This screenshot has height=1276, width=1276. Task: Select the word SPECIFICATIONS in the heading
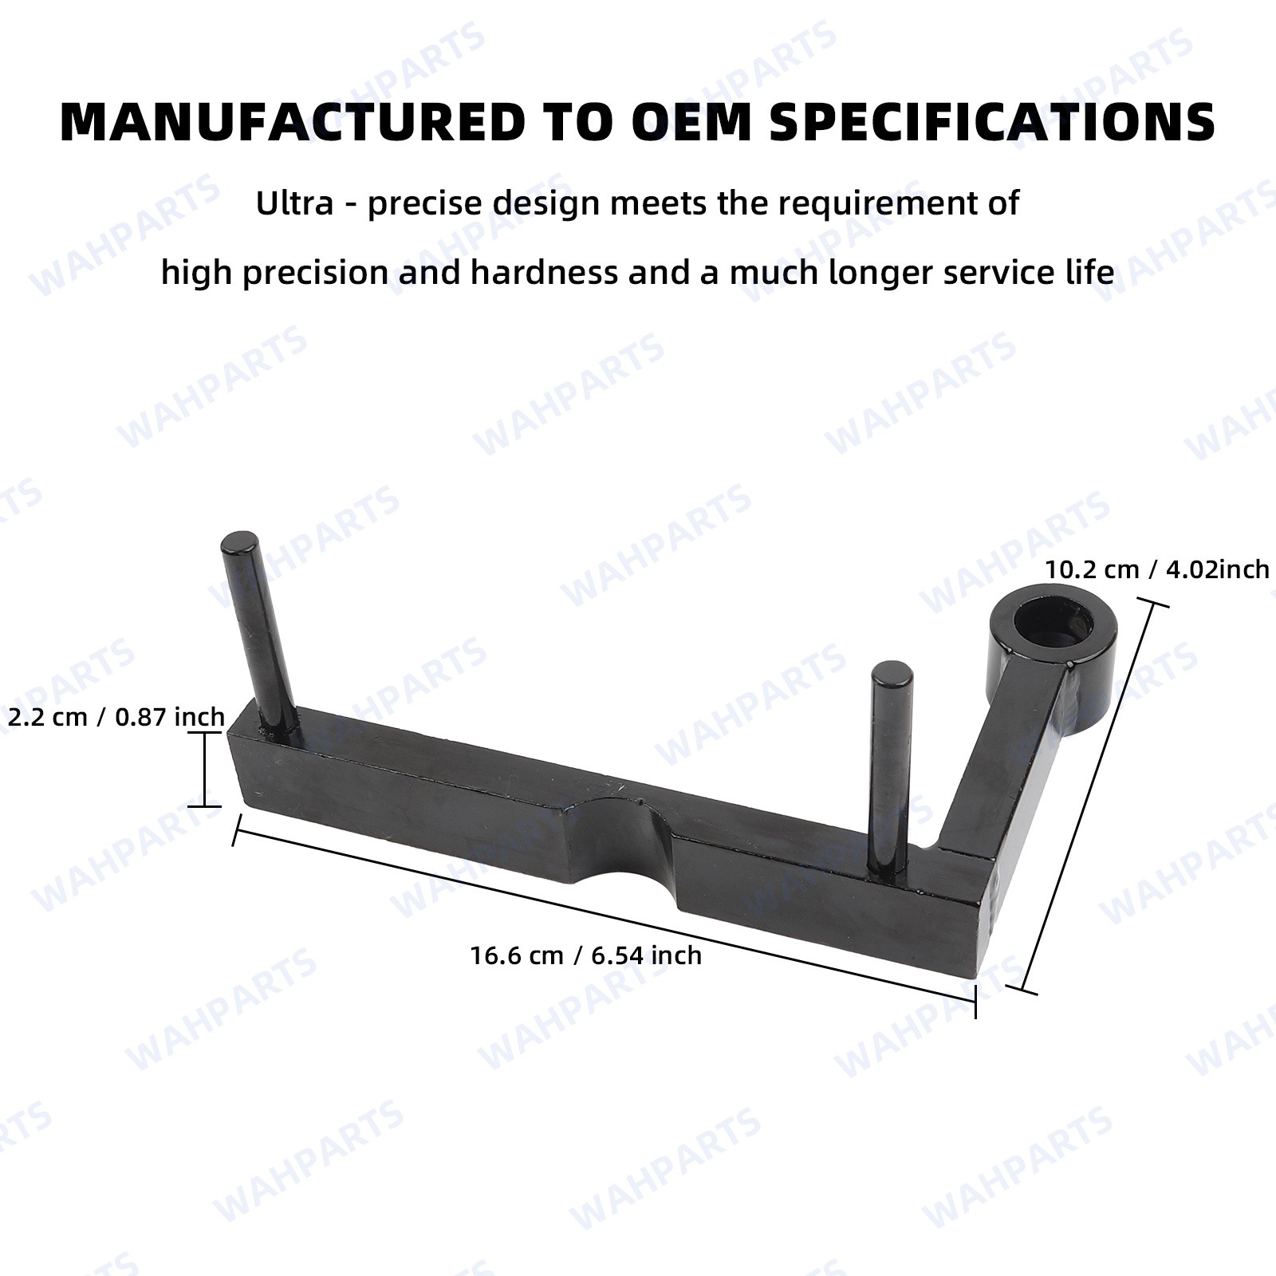[x=992, y=122]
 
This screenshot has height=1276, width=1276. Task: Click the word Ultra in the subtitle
[x=294, y=203]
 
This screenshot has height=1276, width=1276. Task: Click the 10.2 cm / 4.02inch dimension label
[x=1157, y=569]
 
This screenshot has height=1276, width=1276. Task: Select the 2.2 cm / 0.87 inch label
[x=116, y=717]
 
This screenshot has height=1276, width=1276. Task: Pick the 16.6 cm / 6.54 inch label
[x=586, y=955]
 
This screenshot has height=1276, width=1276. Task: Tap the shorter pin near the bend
[x=892, y=766]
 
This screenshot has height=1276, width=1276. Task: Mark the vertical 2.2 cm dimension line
[x=205, y=770]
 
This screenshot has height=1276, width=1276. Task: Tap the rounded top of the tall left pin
[x=240, y=543]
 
